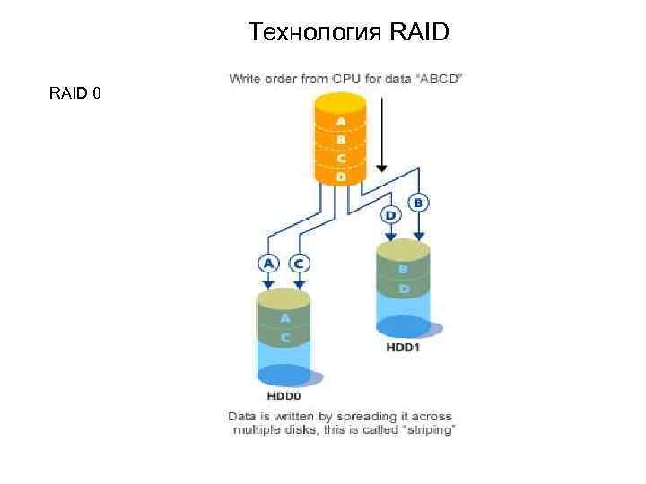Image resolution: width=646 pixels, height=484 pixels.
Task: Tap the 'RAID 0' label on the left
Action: [x=74, y=92]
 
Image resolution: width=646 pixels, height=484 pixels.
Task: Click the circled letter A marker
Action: [x=268, y=263]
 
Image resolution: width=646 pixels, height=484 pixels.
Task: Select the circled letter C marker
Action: [x=298, y=263]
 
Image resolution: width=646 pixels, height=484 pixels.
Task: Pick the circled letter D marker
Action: [x=390, y=215]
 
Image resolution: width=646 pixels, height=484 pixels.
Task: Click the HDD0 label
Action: [x=284, y=394]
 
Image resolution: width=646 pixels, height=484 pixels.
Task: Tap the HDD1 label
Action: [x=402, y=347]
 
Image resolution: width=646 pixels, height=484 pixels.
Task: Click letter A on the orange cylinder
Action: [x=341, y=121]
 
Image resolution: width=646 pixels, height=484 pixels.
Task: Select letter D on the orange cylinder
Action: [x=341, y=177]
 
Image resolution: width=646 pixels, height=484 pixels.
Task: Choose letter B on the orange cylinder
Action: [x=341, y=140]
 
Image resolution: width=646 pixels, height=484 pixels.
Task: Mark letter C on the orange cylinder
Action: [x=341, y=159]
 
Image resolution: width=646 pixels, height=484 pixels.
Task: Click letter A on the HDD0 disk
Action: [x=284, y=318]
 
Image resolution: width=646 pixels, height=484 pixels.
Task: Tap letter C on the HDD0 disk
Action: [x=284, y=337]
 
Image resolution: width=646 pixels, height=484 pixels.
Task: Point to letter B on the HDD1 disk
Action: [x=403, y=269]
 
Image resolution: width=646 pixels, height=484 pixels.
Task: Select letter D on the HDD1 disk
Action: [x=403, y=289]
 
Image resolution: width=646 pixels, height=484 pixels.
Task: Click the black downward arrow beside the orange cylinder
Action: [x=381, y=134]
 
